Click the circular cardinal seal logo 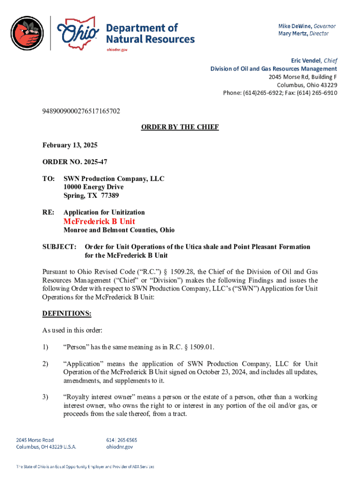[x=28, y=33]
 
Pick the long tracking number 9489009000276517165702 [x=81, y=111]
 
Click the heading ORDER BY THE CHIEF [x=180, y=127]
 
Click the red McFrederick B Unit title [x=100, y=221]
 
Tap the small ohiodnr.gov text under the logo [x=117, y=49]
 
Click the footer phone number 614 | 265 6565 [x=122, y=440]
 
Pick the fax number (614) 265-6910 [x=318, y=93]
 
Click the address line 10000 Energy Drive [x=94, y=187]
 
